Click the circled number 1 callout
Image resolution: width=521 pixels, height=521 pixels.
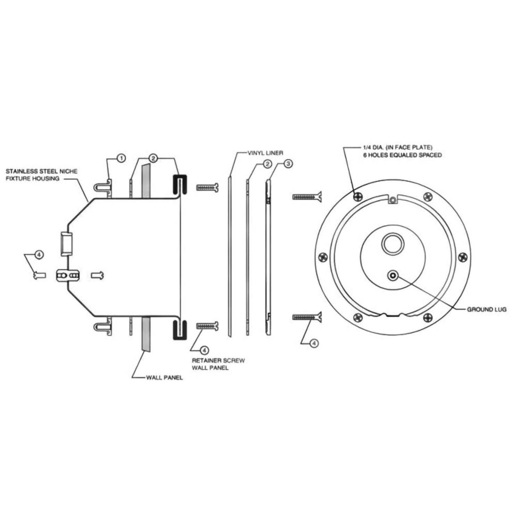[121, 158]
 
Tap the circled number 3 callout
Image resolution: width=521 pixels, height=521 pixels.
[288, 164]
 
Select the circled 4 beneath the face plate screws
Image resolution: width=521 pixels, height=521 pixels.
[314, 343]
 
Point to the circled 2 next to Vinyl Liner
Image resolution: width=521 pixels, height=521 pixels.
[267, 164]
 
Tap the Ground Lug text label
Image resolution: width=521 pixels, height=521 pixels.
[486, 309]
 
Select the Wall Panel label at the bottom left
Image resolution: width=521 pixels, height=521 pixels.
[164, 378]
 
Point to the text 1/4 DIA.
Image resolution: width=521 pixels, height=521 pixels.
[373, 148]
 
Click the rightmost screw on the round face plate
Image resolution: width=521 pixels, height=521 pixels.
[463, 257]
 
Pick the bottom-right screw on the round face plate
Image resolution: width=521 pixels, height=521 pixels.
[428, 317]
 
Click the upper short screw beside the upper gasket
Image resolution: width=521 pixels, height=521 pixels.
[207, 188]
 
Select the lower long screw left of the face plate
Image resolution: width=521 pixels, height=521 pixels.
[307, 317]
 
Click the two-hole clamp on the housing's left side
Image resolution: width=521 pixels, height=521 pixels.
[68, 275]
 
